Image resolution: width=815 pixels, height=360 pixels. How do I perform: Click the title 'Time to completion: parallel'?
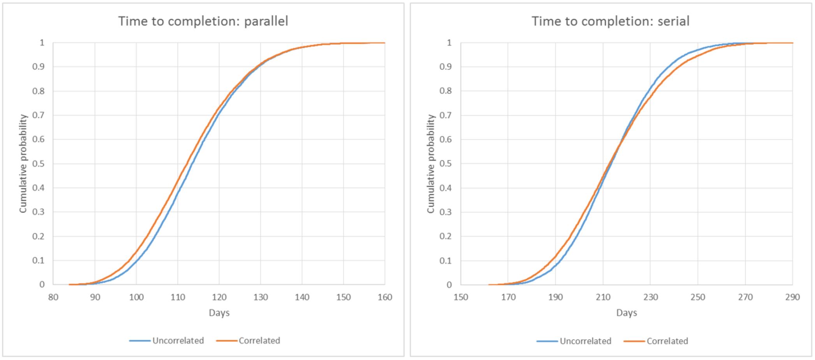click(203, 21)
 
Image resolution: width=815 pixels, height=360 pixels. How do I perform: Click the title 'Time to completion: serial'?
click(611, 21)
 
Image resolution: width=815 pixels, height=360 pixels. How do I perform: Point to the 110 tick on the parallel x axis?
click(178, 297)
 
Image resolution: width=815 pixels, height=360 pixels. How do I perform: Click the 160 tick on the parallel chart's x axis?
click(385, 297)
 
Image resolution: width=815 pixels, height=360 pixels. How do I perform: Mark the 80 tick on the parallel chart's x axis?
click(53, 297)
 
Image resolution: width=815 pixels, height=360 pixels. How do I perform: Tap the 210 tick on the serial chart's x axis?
click(603, 297)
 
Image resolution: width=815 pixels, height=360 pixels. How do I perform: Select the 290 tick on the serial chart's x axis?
click(792, 297)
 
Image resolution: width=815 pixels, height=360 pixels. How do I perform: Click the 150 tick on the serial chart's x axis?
click(461, 297)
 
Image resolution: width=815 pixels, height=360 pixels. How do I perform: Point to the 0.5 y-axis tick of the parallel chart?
click(39, 163)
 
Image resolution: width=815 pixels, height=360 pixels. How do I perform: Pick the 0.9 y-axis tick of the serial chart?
click(446, 67)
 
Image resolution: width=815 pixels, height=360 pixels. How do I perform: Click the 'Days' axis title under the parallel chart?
click(219, 313)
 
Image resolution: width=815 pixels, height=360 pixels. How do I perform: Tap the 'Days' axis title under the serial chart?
click(627, 313)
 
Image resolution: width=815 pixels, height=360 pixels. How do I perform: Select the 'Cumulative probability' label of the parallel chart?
click(23, 163)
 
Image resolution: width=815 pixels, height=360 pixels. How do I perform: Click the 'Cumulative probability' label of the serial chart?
click(430, 163)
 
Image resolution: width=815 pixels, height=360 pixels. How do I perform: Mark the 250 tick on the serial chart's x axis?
click(698, 297)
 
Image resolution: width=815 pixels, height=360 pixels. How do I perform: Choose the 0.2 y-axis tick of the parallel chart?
click(39, 236)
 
